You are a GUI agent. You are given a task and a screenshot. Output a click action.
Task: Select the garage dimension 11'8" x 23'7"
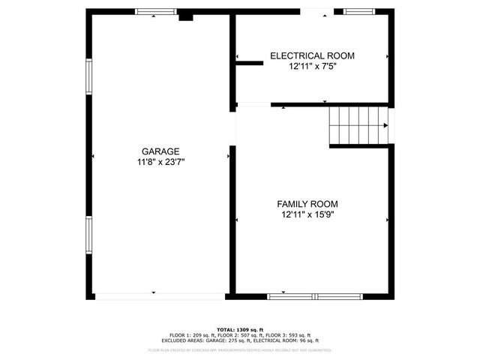click(160, 161)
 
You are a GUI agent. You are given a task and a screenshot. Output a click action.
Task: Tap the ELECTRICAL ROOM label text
click(312, 55)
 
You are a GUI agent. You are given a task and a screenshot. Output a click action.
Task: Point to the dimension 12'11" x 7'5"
click(312, 66)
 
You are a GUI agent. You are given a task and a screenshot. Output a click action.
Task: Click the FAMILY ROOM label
click(307, 204)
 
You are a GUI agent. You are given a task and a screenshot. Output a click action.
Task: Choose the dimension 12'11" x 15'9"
click(307, 214)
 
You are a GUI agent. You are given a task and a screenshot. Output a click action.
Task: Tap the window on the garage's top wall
click(156, 12)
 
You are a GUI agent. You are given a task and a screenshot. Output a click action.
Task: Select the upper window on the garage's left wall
click(89, 76)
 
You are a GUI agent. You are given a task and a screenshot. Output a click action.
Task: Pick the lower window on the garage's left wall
click(89, 238)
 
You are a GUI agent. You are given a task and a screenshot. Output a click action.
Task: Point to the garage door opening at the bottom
click(160, 296)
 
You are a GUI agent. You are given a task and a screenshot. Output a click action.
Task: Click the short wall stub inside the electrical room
click(250, 63)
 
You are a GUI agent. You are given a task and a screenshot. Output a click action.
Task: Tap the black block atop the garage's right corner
click(185, 15)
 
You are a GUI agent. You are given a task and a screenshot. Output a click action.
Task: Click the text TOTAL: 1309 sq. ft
click(240, 330)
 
